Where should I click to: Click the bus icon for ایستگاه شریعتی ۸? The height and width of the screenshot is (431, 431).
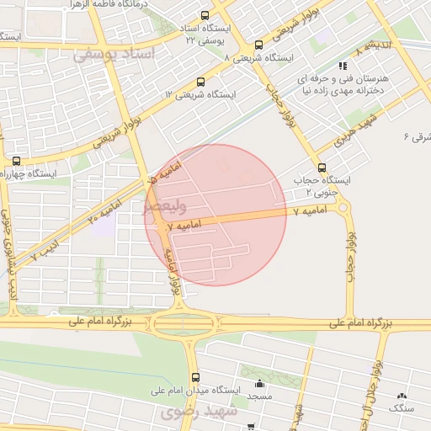click(258, 45)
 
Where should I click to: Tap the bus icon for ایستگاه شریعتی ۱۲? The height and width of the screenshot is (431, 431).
click(200, 82)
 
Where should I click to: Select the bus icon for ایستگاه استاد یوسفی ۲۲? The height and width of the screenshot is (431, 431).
click(205, 16)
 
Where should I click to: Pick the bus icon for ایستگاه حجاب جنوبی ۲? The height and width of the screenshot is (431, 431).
click(322, 167)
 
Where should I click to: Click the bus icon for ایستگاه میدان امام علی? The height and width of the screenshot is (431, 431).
click(196, 377)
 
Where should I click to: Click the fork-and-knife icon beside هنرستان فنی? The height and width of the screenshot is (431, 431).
click(342, 66)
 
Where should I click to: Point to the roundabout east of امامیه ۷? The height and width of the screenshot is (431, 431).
click(344, 208)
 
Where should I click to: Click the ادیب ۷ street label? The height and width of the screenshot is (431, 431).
click(45, 245)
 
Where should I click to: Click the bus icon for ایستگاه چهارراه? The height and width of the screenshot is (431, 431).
click(16, 160)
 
